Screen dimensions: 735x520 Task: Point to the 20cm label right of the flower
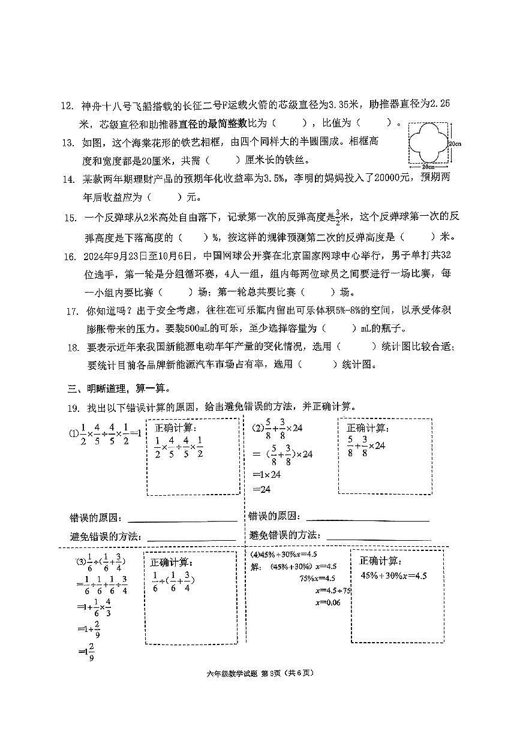pyautogui.click(x=454, y=143)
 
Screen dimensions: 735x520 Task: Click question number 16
pyautogui.click(x=68, y=257)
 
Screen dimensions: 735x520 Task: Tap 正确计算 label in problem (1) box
pyautogui.click(x=176, y=428)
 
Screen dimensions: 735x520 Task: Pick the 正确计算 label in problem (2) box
pyautogui.click(x=367, y=428)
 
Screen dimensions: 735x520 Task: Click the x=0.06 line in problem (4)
pyautogui.click(x=327, y=602)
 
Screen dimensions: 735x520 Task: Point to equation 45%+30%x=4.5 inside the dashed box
pyautogui.click(x=393, y=576)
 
